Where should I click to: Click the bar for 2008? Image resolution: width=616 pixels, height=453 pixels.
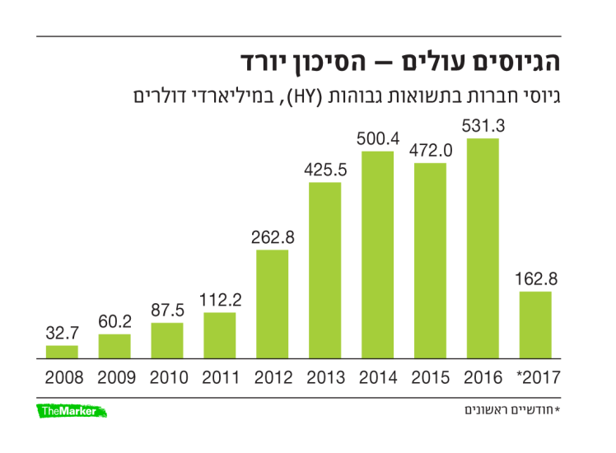[62, 353]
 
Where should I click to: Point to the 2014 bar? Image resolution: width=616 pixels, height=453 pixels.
[378, 255]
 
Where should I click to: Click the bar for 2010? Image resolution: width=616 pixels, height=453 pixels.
[167, 341]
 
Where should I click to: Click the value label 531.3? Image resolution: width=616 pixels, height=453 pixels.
[483, 126]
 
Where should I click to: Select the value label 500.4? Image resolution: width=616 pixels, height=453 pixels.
[378, 138]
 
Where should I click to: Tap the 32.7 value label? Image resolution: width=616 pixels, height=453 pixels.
[62, 334]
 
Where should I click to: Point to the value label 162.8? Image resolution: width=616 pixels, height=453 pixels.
[536, 279]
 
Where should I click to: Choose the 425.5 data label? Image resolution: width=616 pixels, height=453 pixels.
[325, 170]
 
